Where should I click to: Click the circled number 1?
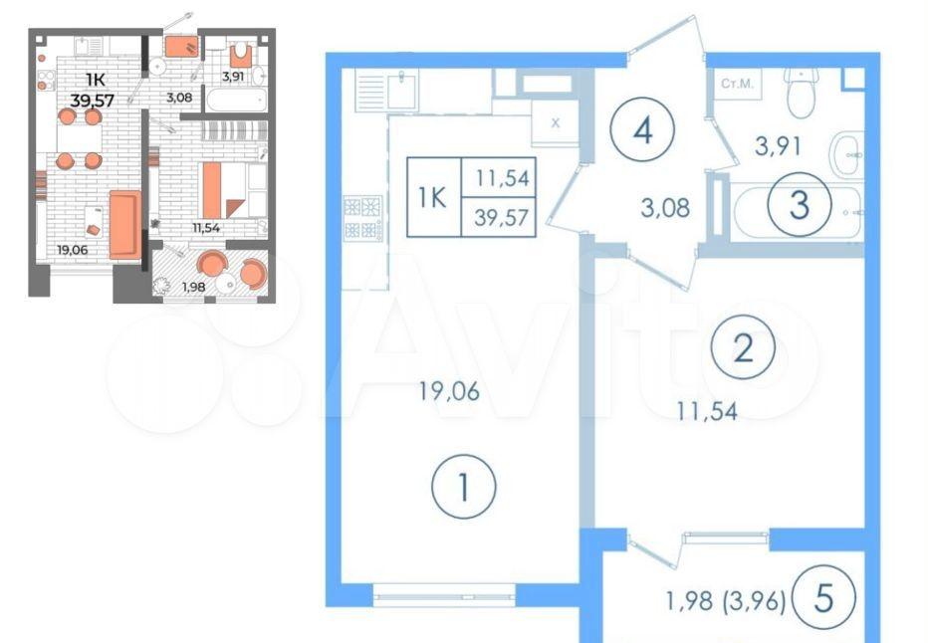[464, 487]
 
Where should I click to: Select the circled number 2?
[744, 347]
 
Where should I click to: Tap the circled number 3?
[799, 205]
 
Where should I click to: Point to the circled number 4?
[643, 129]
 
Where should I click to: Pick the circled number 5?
[823, 598]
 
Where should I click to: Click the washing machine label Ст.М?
[738, 84]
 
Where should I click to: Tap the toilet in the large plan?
[802, 93]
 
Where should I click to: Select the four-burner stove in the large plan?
[362, 218]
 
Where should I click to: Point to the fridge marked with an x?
[556, 123]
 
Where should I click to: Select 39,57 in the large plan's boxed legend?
[501, 218]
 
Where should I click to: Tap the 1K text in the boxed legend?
[432, 198]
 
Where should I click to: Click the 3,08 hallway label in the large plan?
[665, 208]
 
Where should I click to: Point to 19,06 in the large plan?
[449, 391]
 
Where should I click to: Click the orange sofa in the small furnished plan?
[124, 225]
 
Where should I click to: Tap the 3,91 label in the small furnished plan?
[233, 77]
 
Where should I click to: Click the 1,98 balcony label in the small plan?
[193, 288]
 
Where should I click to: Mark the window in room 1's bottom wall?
[444, 595]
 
